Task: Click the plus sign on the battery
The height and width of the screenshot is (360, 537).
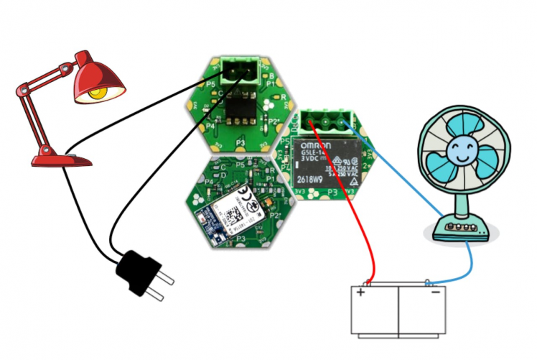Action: click(360, 293)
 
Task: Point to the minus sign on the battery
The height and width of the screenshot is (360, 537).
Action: click(435, 293)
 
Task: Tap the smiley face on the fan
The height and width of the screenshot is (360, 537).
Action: click(459, 152)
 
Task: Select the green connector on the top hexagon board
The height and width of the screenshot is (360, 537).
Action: click(239, 71)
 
